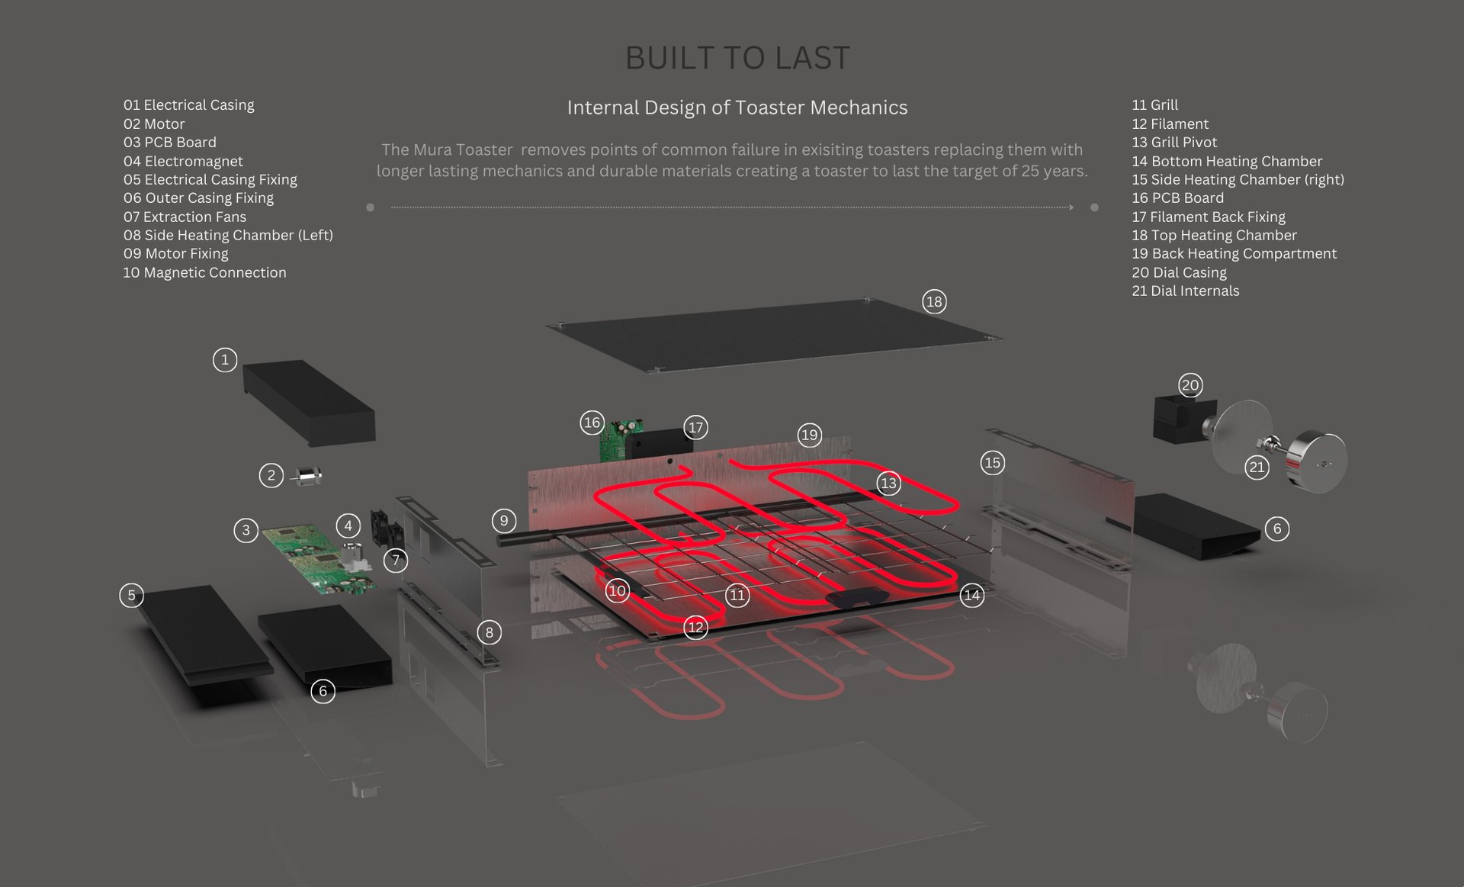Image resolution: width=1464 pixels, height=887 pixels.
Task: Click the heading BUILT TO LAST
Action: point(737,58)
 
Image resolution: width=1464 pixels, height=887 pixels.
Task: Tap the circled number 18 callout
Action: point(933,301)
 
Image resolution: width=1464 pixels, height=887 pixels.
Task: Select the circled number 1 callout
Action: point(224,359)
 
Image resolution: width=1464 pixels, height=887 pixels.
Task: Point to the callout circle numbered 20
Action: point(1189,384)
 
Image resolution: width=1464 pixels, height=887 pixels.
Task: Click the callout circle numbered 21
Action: point(1257,467)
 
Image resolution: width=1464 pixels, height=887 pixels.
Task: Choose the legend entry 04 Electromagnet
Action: point(183,161)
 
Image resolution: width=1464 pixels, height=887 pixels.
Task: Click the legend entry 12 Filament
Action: point(1170,124)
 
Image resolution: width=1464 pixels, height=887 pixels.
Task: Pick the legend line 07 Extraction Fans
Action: point(185,217)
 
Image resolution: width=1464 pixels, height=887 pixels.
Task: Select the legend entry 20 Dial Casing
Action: point(1179,272)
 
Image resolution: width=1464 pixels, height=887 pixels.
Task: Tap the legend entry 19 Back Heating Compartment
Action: point(1234,253)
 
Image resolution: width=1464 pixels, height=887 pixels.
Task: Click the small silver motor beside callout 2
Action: point(309,477)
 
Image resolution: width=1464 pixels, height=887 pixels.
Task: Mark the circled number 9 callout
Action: point(503,521)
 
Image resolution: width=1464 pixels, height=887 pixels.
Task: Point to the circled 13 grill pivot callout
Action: point(888,483)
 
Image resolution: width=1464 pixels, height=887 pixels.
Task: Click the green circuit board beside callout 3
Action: point(316,557)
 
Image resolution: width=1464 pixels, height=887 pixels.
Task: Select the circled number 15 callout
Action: point(992,462)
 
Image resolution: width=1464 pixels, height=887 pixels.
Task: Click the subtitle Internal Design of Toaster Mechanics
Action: point(737,108)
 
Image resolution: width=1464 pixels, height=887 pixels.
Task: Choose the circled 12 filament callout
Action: point(695,627)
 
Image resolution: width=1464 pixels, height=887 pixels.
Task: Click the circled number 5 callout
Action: point(131,595)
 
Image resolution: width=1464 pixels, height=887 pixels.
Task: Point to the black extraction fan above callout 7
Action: point(386,526)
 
